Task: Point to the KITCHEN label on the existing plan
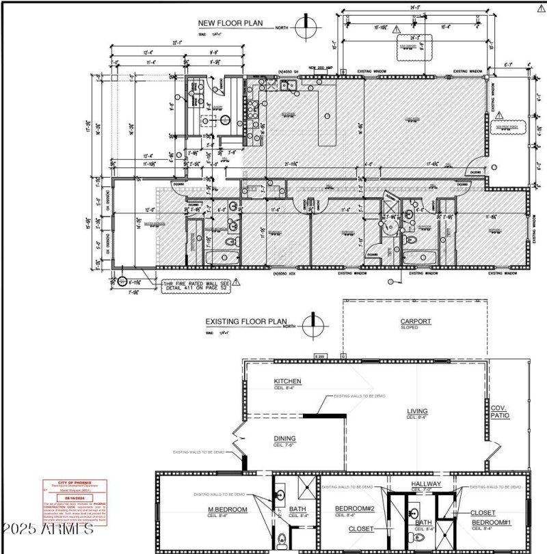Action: point(288,381)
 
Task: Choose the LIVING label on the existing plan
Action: point(417,411)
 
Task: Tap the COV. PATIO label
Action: point(500,412)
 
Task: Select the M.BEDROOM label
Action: point(228,509)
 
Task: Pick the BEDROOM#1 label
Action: point(490,523)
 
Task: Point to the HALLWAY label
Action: point(426,484)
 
